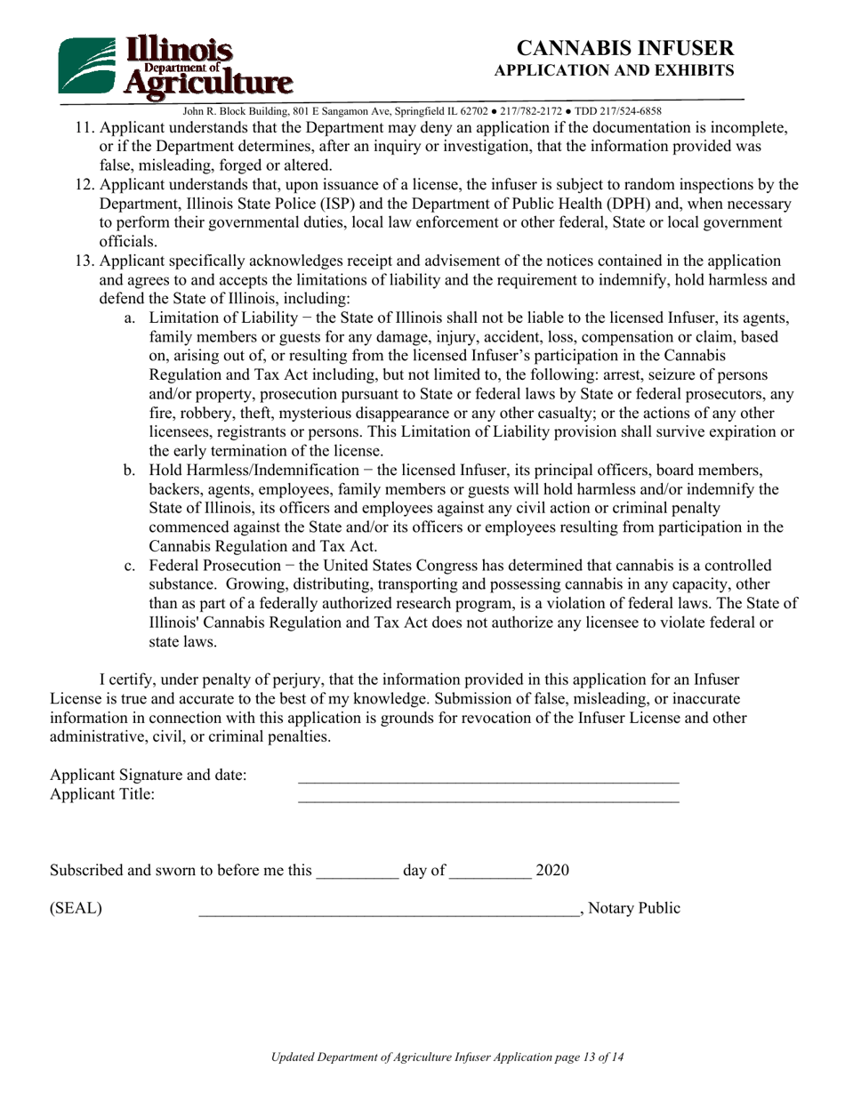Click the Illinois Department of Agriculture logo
click(x=174, y=67)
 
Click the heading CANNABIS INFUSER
click(x=625, y=48)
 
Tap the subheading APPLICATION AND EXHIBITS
click(x=614, y=70)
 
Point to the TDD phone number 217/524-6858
click(x=631, y=111)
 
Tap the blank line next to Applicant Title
click(x=487, y=798)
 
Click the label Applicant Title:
click(x=102, y=794)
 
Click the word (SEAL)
click(x=76, y=908)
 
